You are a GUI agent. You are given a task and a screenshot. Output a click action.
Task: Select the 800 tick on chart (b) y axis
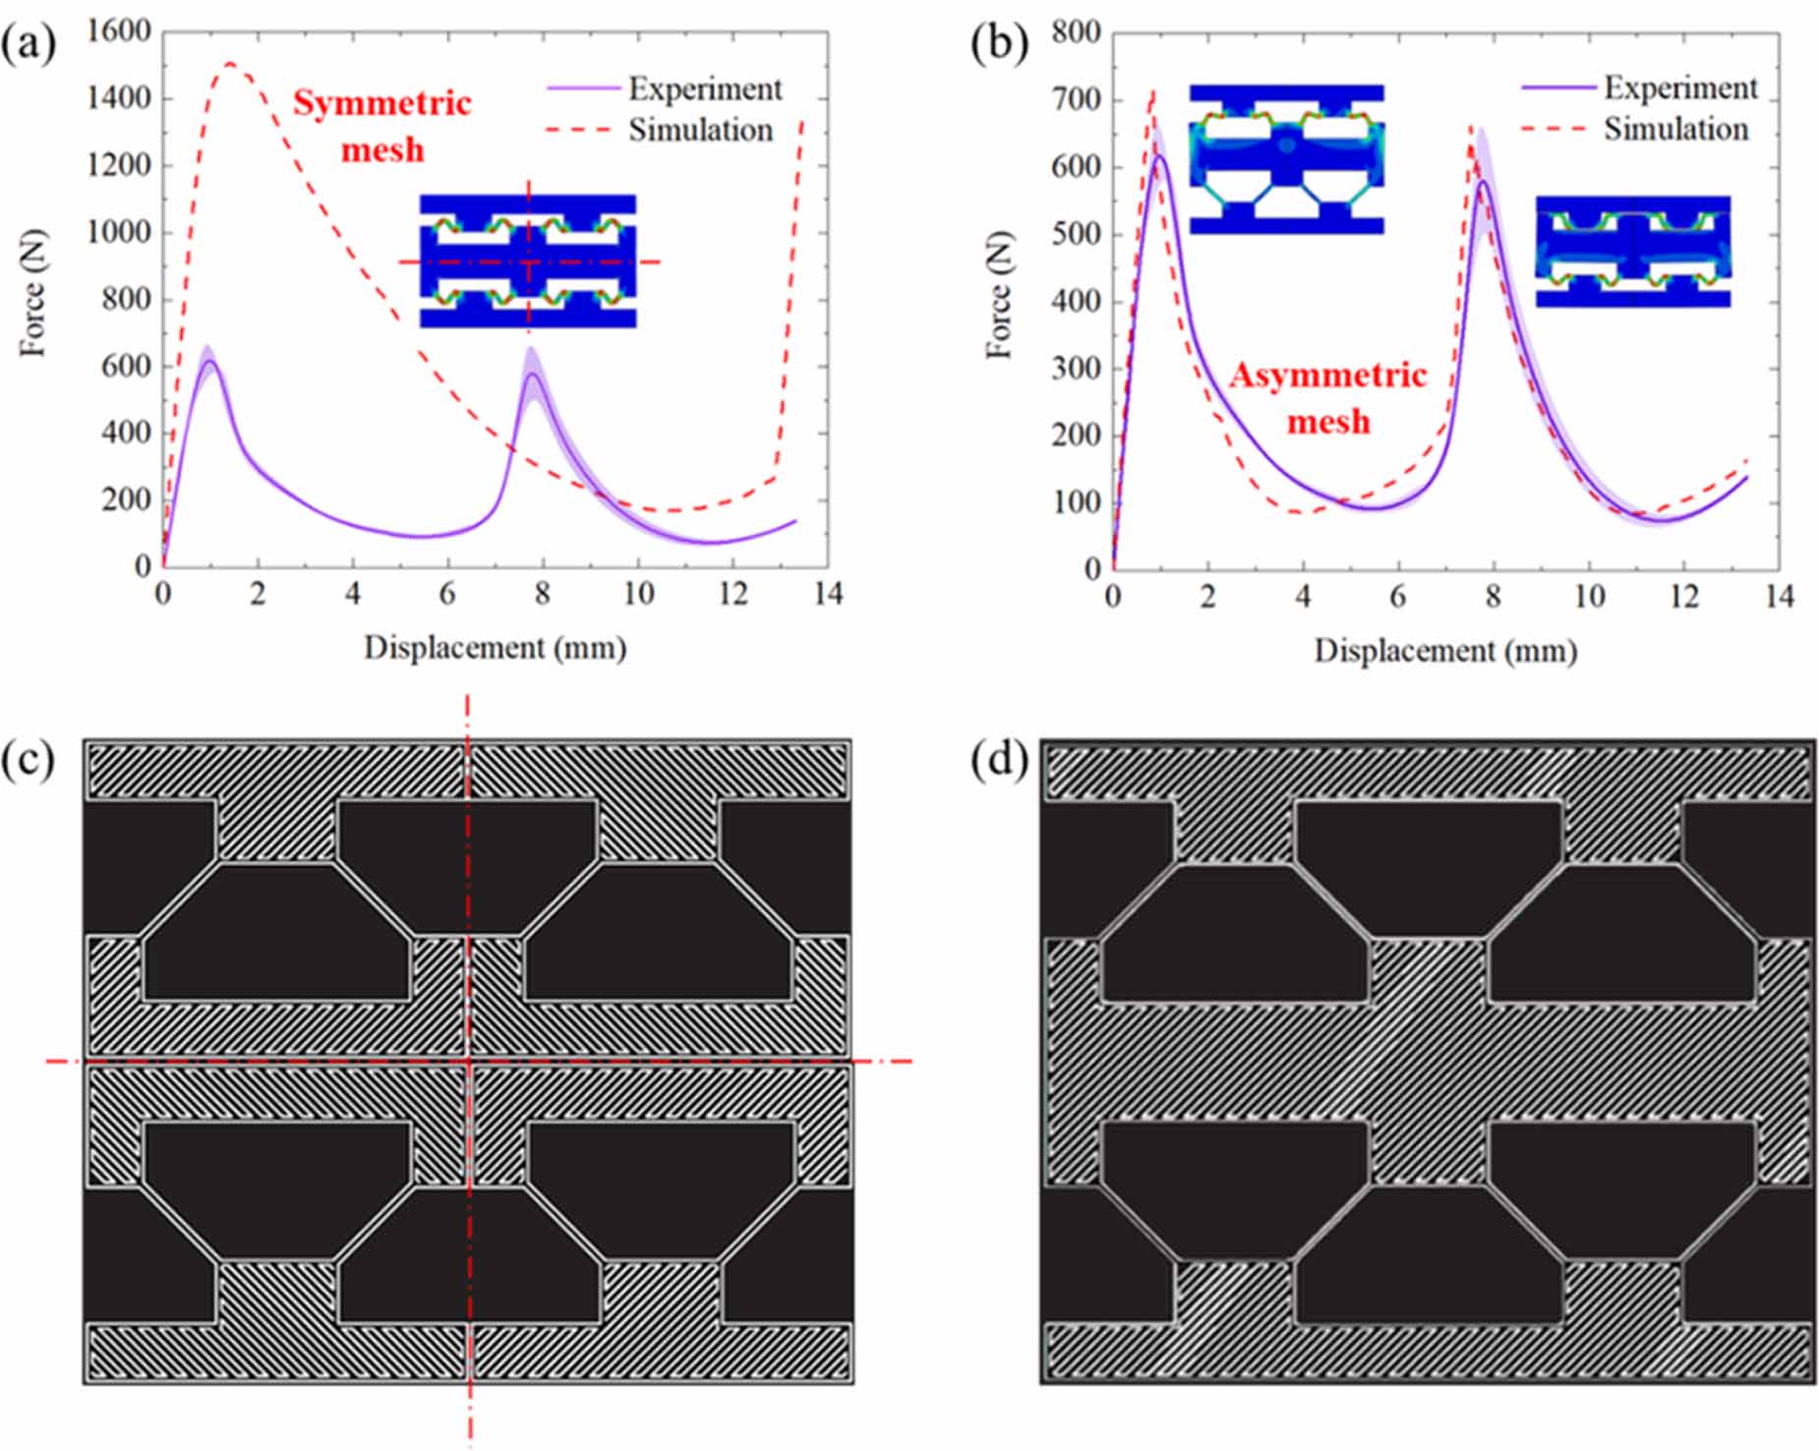coord(1075,32)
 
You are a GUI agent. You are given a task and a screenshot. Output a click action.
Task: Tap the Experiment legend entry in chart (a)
coord(704,88)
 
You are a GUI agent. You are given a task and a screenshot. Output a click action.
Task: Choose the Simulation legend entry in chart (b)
coord(1675,129)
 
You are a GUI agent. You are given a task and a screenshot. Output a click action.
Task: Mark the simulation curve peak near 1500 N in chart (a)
coord(229,64)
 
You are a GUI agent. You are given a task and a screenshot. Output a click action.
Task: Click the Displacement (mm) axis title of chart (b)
coord(1445,651)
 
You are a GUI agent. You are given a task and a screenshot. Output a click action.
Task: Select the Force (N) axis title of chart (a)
coord(32,292)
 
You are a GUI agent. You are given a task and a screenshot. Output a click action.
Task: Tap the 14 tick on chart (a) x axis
coord(828,594)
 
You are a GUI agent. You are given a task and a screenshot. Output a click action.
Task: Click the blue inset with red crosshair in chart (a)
coord(528,261)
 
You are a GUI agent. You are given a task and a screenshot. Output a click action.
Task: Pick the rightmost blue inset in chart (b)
coord(1632,251)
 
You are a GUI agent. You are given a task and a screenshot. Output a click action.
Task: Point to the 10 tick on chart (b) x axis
coord(1589,597)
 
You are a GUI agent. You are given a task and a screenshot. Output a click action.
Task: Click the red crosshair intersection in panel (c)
coord(469,1061)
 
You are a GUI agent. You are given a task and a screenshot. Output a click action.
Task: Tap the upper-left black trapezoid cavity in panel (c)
coord(277,931)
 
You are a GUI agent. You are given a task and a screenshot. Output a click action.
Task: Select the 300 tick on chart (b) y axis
coord(1075,368)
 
